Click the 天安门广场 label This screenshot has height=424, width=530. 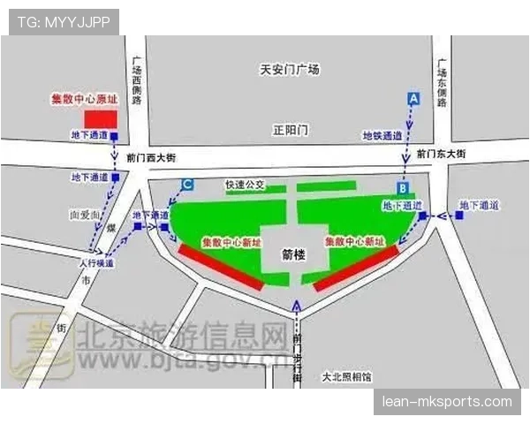click(x=290, y=70)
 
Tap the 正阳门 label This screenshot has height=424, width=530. click(x=290, y=129)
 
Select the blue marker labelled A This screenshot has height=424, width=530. click(x=413, y=100)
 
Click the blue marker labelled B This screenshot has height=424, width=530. click(x=402, y=187)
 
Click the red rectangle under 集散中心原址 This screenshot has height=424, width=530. click(x=99, y=118)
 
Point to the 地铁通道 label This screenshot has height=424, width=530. click(x=382, y=136)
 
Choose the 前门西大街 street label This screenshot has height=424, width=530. click(x=151, y=157)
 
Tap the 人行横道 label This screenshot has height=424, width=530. click(x=95, y=263)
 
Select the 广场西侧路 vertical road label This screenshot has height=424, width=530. click(x=136, y=81)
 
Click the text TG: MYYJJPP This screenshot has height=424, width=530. click(x=64, y=22)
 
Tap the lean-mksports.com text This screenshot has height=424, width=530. click(x=446, y=402)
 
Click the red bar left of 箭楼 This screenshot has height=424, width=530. click(x=221, y=267)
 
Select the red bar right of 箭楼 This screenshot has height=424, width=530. click(x=355, y=268)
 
